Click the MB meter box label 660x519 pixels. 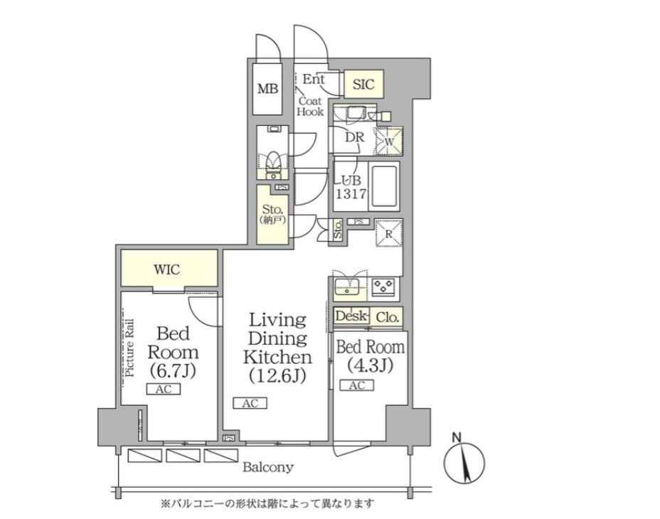267,89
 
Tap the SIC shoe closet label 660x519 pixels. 363,84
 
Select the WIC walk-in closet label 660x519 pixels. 166,269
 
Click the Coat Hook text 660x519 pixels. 310,107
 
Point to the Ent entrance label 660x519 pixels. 314,79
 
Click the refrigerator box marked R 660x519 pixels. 389,233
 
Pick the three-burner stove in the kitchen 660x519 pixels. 383,287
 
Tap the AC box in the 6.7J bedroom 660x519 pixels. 164,390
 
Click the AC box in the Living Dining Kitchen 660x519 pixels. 250,403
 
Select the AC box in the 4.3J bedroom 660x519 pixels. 357,385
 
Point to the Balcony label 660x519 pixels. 268,467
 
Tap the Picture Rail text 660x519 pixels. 129,348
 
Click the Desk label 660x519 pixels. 351,316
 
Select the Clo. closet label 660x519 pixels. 387,317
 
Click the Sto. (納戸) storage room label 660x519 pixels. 273,214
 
